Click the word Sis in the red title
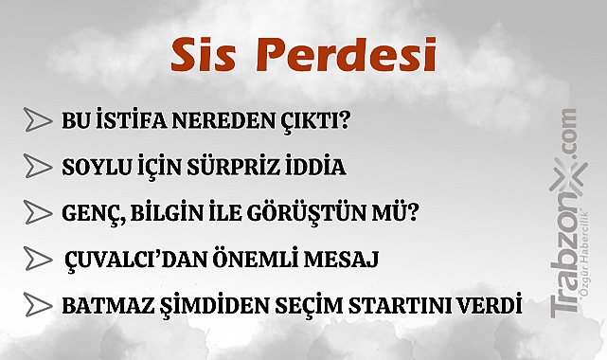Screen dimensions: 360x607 pos(204,57)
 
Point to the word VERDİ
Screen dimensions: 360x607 pos(490,305)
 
